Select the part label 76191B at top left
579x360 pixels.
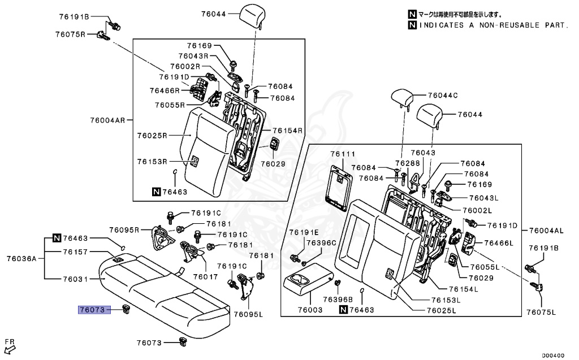click(74, 16)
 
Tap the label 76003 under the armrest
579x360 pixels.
click(310, 310)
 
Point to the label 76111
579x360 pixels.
click(343, 154)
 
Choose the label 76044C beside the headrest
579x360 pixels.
click(443, 96)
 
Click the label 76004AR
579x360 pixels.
click(107, 120)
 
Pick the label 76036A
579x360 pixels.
click(21, 258)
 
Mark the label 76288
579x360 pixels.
click(408, 163)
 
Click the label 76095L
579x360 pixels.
click(248, 315)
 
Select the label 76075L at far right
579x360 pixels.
click(541, 313)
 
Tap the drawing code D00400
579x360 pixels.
click(553, 355)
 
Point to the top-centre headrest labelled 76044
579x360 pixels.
click(253, 16)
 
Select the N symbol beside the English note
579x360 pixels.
click(412, 25)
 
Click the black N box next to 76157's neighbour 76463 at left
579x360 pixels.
click(57, 238)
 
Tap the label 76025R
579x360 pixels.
click(152, 136)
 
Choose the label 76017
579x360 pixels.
click(205, 276)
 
